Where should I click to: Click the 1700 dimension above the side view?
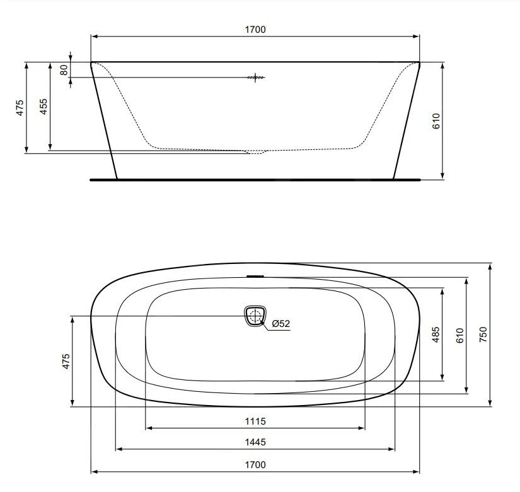point(255,29)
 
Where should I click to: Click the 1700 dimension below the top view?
point(255,464)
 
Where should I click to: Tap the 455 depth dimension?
point(43,106)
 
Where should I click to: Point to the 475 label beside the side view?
point(20,106)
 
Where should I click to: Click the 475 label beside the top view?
point(66,362)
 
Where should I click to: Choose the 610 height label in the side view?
point(436,121)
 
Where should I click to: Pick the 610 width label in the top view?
point(459,335)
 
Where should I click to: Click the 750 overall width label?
point(483,335)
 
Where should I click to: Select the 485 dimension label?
point(436,335)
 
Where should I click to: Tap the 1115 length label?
point(255,421)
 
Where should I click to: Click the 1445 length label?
point(255,442)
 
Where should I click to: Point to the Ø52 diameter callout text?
point(281,324)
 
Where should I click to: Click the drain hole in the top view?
point(255,315)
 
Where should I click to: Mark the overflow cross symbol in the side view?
point(255,78)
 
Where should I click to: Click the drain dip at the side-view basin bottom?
point(255,152)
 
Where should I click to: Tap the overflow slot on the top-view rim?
point(255,275)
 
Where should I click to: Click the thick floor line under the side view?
point(255,180)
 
